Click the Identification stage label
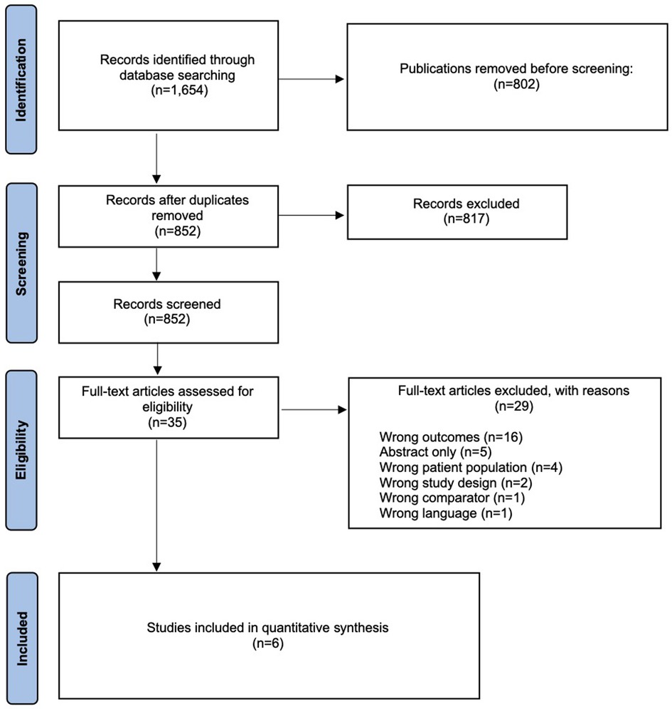tap(21, 80)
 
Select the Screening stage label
tap(21, 264)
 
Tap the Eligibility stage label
tap(21, 451)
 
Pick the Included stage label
tap(21, 639)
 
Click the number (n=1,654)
tap(179, 90)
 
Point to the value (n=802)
tap(516, 84)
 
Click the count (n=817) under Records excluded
tap(466, 219)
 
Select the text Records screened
tap(167, 304)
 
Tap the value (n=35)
tap(168, 422)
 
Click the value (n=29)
tap(514, 406)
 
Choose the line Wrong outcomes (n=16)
tap(451, 437)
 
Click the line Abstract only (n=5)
tap(435, 452)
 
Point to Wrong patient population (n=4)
tap(471, 468)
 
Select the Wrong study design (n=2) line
tap(456, 483)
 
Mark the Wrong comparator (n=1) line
tap(452, 498)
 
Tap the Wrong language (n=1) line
tap(446, 513)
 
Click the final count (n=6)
tap(268, 643)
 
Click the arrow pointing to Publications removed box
tap(311, 79)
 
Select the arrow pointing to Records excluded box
tap(311, 215)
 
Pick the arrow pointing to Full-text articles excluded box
tap(314, 409)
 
